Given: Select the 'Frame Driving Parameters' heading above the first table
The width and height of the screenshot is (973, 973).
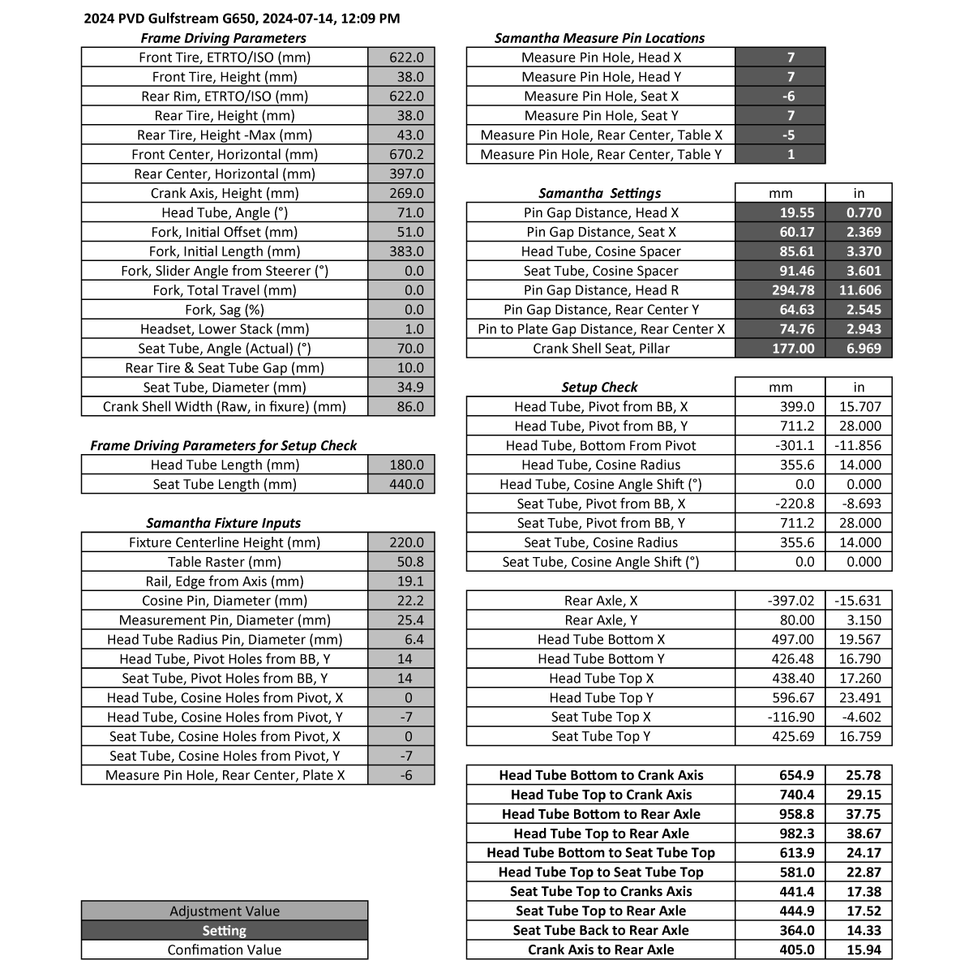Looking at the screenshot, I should [223, 38].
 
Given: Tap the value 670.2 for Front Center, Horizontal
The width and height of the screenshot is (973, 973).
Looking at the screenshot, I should [401, 154].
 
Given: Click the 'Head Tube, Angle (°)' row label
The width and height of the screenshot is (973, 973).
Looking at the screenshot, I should [225, 212].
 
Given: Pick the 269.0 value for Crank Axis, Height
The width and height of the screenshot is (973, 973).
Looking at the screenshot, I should [401, 193].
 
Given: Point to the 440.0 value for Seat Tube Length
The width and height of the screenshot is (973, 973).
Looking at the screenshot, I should [401, 484].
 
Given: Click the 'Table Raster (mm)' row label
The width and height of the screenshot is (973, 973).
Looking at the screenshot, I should [225, 562].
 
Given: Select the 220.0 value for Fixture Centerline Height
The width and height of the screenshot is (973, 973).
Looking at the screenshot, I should [401, 542].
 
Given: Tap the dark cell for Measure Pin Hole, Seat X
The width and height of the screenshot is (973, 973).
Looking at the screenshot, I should [780, 96].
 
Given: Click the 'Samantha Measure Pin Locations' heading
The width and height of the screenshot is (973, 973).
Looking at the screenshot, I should [600, 38].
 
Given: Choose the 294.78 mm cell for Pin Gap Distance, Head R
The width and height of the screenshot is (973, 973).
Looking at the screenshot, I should [780, 290].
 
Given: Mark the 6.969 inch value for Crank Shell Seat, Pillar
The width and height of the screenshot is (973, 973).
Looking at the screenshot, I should [859, 349].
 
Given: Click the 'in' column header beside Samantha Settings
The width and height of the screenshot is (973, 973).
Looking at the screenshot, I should [859, 193].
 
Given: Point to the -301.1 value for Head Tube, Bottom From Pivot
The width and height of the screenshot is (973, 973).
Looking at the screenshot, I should [780, 445].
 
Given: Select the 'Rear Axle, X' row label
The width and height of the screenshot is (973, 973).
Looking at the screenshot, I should [601, 601].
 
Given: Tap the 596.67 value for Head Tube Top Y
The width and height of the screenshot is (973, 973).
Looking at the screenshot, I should [780, 697].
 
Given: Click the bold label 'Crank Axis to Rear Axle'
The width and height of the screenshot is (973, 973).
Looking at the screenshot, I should [601, 949].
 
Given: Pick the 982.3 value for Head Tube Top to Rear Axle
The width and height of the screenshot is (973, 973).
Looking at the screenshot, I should [780, 834].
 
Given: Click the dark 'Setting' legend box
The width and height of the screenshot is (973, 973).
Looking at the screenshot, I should [225, 931].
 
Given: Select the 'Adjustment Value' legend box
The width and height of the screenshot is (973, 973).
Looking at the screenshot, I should [225, 911].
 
